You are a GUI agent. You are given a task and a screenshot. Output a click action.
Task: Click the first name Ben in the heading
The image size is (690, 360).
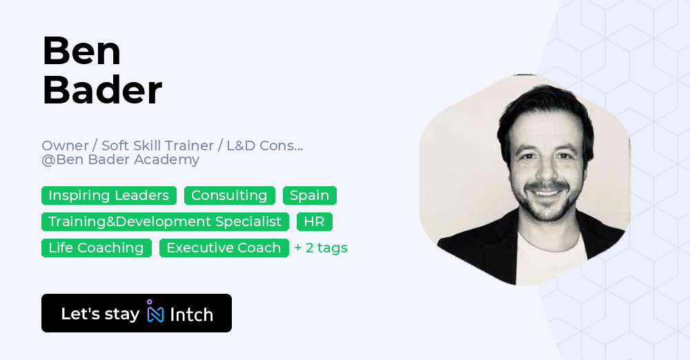(81, 51)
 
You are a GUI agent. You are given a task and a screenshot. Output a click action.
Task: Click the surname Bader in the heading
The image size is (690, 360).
(102, 90)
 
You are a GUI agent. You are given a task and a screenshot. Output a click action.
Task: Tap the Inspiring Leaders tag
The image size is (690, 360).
(108, 195)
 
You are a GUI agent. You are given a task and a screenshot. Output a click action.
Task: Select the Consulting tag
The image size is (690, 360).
(229, 195)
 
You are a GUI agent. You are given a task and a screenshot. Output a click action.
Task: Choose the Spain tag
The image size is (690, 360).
(309, 195)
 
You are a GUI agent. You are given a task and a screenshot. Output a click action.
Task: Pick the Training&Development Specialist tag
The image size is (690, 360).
(165, 221)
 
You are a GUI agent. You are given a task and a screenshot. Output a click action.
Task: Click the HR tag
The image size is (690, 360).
(314, 221)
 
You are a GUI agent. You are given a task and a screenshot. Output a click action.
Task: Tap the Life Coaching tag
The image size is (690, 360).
(96, 248)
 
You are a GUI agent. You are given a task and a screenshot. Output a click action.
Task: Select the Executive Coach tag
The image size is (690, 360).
(224, 248)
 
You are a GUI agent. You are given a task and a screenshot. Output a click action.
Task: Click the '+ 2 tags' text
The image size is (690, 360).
(321, 248)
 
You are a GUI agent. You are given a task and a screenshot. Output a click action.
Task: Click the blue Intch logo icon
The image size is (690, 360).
(155, 312)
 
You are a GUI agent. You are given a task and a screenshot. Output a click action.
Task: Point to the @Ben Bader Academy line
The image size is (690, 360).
(120, 160)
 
